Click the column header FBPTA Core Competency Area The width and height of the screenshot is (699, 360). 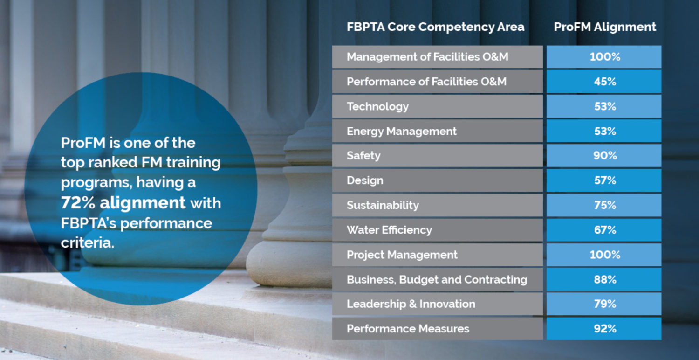tap(435, 27)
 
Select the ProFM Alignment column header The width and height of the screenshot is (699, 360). tap(605, 27)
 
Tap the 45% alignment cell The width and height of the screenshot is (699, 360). tap(605, 82)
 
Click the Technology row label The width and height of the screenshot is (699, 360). tap(377, 107)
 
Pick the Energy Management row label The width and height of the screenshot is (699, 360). tap(402, 132)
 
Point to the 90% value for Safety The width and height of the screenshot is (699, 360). tap(605, 155)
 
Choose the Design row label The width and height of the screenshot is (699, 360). tap(365, 181)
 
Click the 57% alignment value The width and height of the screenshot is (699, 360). tap(605, 180)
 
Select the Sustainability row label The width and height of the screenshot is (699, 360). tap(383, 206)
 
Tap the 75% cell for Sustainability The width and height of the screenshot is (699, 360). tap(605, 205)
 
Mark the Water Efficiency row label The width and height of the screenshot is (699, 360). tap(390, 230)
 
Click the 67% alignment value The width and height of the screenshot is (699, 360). tap(605, 230)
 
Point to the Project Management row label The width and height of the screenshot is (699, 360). tap(402, 255)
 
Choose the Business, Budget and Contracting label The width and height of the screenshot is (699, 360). tap(437, 280)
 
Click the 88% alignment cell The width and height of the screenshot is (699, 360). tap(605, 279)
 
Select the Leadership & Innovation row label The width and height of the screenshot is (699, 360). tap(411, 304)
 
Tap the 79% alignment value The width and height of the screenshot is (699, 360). tap(605, 304)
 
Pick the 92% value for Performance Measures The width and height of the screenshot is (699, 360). tap(605, 329)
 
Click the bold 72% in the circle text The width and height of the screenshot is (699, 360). tap(78, 203)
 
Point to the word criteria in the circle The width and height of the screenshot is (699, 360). tap(88, 243)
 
